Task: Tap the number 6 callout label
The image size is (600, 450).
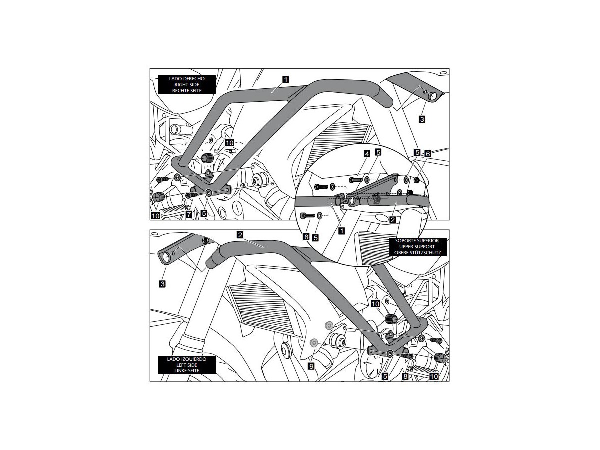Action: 427,154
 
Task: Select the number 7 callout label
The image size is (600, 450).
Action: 189,214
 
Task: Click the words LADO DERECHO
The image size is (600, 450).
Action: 186,79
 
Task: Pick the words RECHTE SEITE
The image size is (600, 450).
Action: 186,90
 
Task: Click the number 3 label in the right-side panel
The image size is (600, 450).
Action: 422,120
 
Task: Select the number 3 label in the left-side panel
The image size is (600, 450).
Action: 162,284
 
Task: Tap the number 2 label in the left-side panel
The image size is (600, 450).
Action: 241,234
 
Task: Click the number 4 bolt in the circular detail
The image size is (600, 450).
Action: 355,179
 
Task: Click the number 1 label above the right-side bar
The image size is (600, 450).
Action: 285,78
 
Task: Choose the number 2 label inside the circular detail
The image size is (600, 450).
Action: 393,219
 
